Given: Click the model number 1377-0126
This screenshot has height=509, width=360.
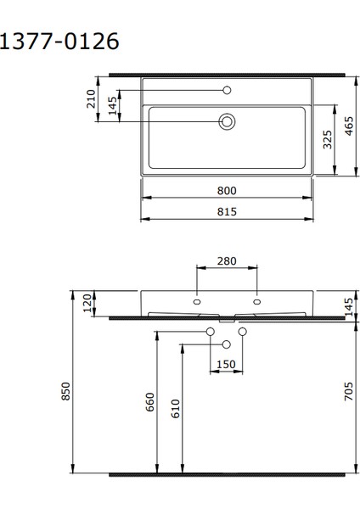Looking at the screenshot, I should (x=59, y=42).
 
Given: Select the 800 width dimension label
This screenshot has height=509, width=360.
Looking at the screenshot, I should (x=227, y=190).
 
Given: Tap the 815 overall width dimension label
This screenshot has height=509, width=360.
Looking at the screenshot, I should (x=227, y=211).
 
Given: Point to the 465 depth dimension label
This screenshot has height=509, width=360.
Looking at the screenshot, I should (x=349, y=127).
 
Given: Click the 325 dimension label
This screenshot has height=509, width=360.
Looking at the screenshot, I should (x=328, y=139).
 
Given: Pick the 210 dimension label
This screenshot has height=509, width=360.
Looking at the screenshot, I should (x=92, y=99).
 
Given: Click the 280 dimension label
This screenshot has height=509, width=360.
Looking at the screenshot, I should (x=227, y=260).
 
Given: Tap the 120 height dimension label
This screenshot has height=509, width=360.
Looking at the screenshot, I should (x=87, y=303).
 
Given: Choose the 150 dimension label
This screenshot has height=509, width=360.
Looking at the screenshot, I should (x=227, y=364).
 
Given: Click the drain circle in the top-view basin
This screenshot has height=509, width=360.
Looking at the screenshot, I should (x=227, y=121).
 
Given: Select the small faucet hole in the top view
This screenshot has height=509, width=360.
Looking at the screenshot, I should (x=227, y=90).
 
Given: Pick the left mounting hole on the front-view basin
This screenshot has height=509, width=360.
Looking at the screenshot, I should (x=197, y=300).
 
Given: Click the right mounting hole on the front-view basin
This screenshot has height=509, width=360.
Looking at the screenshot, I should (x=256, y=300).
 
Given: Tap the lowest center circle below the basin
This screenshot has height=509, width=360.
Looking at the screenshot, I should (x=226, y=344).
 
